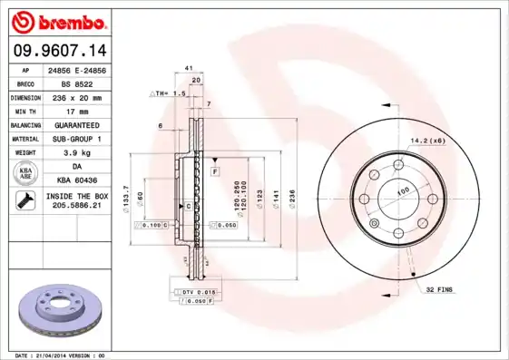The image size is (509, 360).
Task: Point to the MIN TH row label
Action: [x=25, y=110]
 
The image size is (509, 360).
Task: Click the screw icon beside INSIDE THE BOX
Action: [x=25, y=201]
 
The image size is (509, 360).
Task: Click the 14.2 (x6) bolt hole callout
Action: [x=426, y=141]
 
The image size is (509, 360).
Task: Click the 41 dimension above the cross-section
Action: [x=189, y=68]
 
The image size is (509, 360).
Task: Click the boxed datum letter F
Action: [x=216, y=170]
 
